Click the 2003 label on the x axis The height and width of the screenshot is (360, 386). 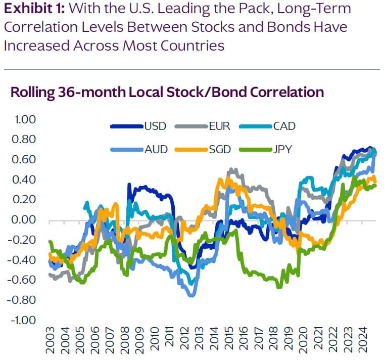click(x=50, y=341)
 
